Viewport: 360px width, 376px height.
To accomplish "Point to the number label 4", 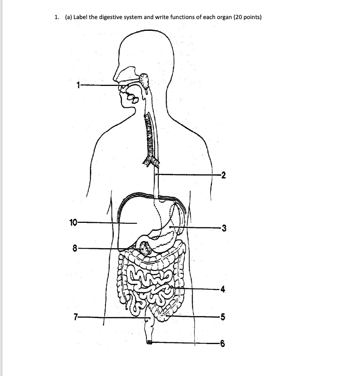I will (x=223, y=289).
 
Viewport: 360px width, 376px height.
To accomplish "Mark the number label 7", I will (x=75, y=317).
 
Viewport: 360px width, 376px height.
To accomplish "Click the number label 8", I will (x=75, y=249).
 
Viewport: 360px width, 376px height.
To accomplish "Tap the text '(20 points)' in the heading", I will (x=247, y=17).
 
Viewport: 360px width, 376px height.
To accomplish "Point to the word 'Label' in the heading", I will (x=81, y=17).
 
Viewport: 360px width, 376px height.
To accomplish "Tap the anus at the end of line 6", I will (x=149, y=342).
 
